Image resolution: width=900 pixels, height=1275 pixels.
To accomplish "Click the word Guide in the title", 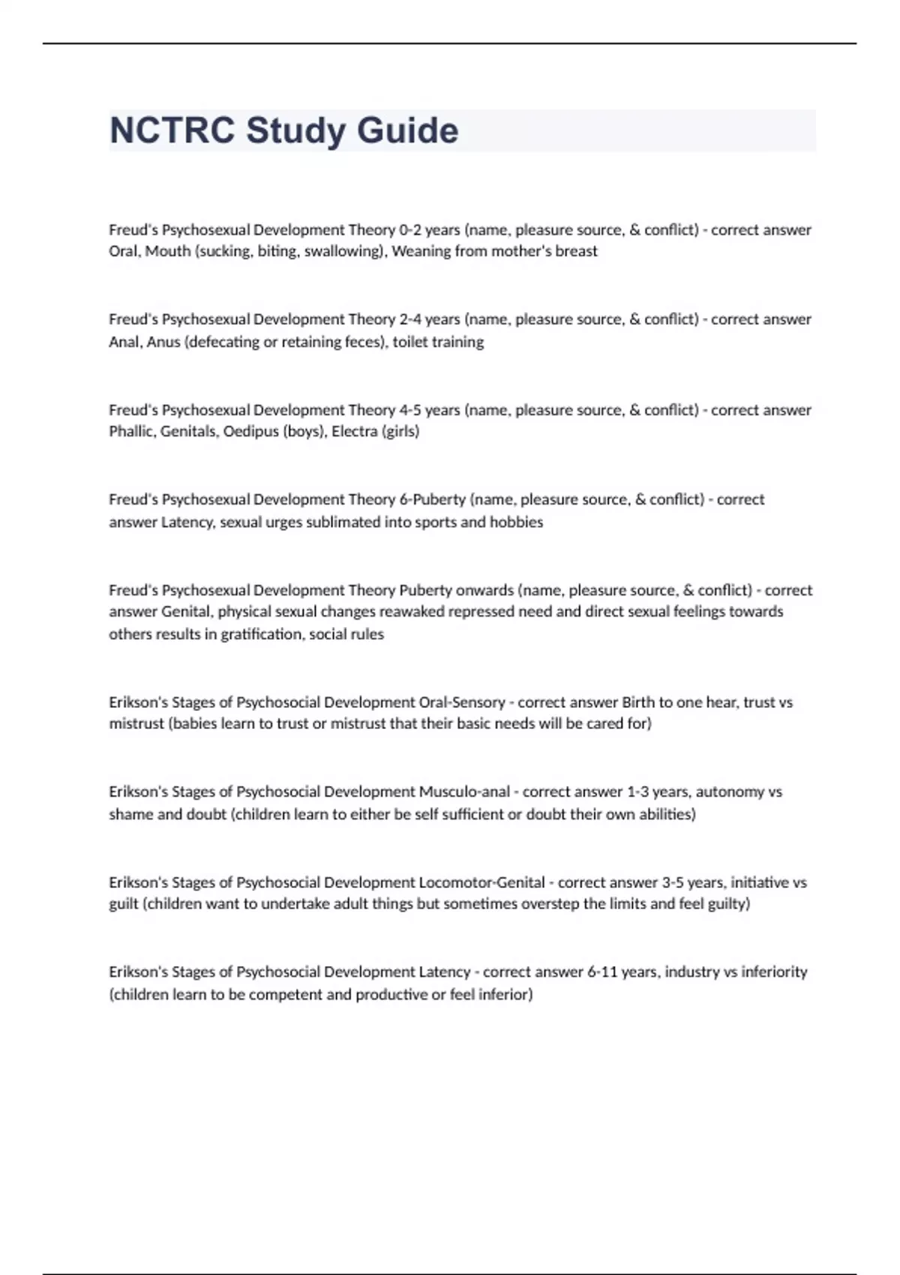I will click(x=407, y=130).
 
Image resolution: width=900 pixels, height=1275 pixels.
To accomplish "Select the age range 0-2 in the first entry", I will click(x=410, y=229).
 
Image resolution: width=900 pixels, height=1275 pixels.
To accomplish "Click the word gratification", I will click(x=261, y=634).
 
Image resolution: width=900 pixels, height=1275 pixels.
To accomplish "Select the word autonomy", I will click(x=730, y=792).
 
